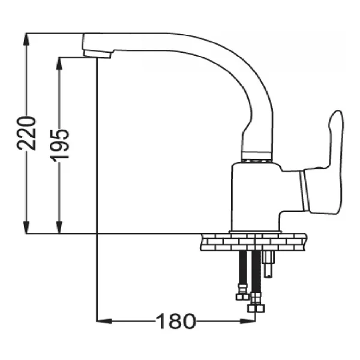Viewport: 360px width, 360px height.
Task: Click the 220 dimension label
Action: click(26, 133)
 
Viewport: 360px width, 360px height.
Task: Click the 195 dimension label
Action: click(59, 145)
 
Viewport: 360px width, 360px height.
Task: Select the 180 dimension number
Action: click(176, 321)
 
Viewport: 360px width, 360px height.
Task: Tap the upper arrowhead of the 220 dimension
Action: click(26, 40)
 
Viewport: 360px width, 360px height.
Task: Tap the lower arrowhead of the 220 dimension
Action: click(26, 227)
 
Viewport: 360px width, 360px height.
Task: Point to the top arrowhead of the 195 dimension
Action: click(59, 64)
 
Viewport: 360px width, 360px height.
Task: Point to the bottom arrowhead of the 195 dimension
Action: click(59, 227)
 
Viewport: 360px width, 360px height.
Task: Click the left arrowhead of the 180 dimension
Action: click(104, 321)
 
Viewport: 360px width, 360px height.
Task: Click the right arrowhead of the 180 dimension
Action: click(247, 321)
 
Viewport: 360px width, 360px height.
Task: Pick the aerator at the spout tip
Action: click(97, 54)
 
